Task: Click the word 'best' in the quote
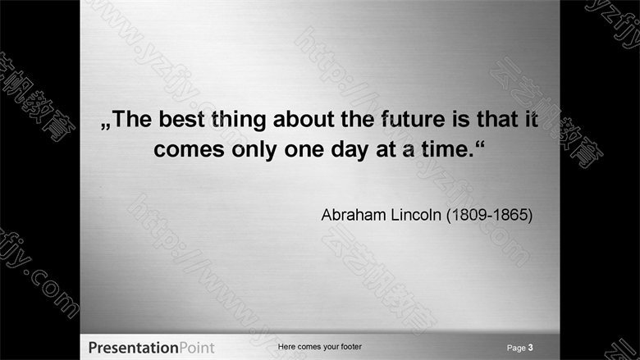[x=181, y=119]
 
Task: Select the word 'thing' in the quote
[x=239, y=121]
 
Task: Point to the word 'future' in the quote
[x=413, y=119]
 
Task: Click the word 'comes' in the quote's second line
[x=189, y=149]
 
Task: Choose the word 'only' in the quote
[x=254, y=150]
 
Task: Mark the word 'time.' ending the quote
[x=448, y=148]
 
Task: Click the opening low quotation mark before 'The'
[x=106, y=126]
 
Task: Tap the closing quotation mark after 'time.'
[x=480, y=144]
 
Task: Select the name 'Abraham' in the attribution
[x=354, y=215]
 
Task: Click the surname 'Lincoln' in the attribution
[x=416, y=215]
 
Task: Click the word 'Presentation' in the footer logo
[x=134, y=348]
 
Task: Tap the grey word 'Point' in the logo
[x=197, y=348]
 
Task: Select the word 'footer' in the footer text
[x=351, y=347]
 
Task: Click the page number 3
[x=530, y=348]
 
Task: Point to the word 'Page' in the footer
[x=516, y=348]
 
